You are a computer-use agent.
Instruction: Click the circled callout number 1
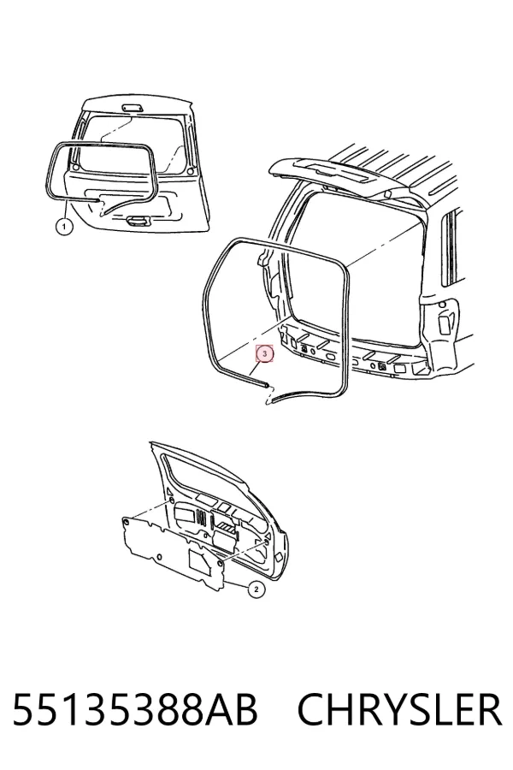(x=64, y=227)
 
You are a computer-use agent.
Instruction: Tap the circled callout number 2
(x=256, y=589)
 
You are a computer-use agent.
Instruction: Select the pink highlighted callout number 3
(x=265, y=353)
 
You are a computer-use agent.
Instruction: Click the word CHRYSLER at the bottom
(x=399, y=709)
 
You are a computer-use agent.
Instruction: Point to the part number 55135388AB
(x=135, y=709)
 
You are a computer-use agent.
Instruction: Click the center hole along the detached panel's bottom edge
(x=158, y=557)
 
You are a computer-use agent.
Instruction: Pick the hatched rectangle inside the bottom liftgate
(x=227, y=527)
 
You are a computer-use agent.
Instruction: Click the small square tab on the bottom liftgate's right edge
(x=280, y=556)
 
